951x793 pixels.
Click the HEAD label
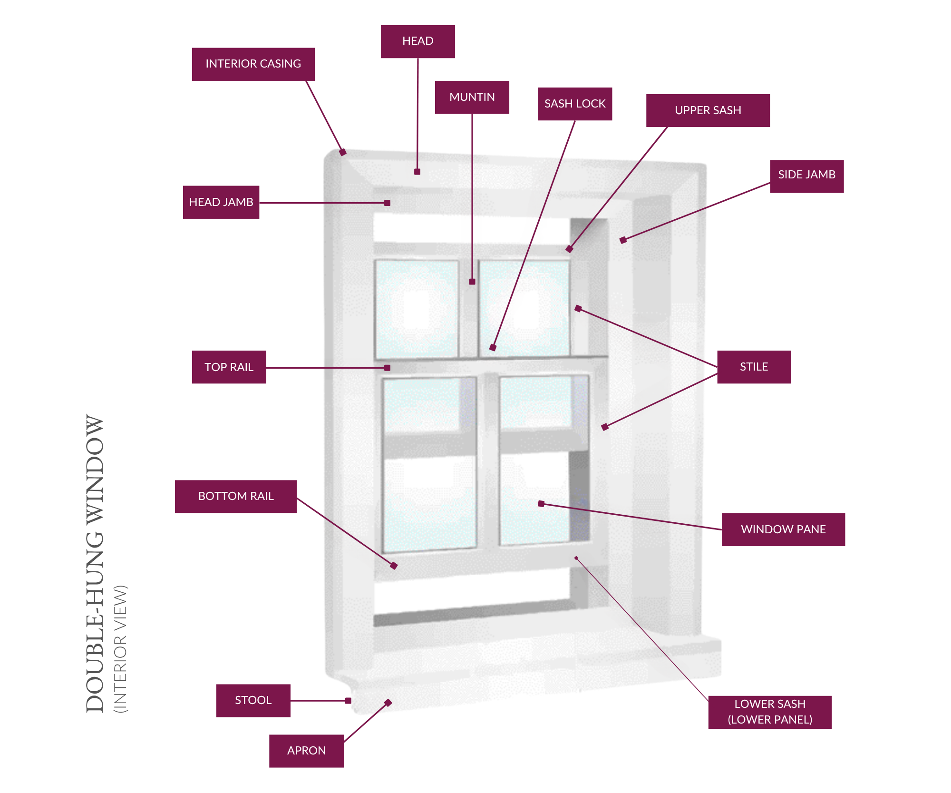[417, 41]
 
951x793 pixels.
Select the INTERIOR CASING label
[253, 64]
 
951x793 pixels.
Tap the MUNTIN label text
[472, 97]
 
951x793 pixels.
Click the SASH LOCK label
[574, 104]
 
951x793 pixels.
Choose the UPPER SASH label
[708, 110]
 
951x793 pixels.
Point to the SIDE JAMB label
[806, 175]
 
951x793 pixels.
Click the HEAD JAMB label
[221, 202]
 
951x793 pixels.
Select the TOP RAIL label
[229, 367]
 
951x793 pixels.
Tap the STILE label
[754, 367]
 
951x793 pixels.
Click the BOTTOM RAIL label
[236, 496]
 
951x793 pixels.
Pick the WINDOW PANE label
[783, 529]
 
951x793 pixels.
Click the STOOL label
[253, 700]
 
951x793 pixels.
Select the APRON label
[306, 751]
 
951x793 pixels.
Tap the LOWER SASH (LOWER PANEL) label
[770, 712]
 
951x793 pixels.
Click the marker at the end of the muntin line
[472, 282]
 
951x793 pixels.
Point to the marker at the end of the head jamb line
[388, 203]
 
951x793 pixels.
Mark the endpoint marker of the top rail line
[388, 368]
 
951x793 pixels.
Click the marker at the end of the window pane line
[541, 504]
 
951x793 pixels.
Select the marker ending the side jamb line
[623, 240]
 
